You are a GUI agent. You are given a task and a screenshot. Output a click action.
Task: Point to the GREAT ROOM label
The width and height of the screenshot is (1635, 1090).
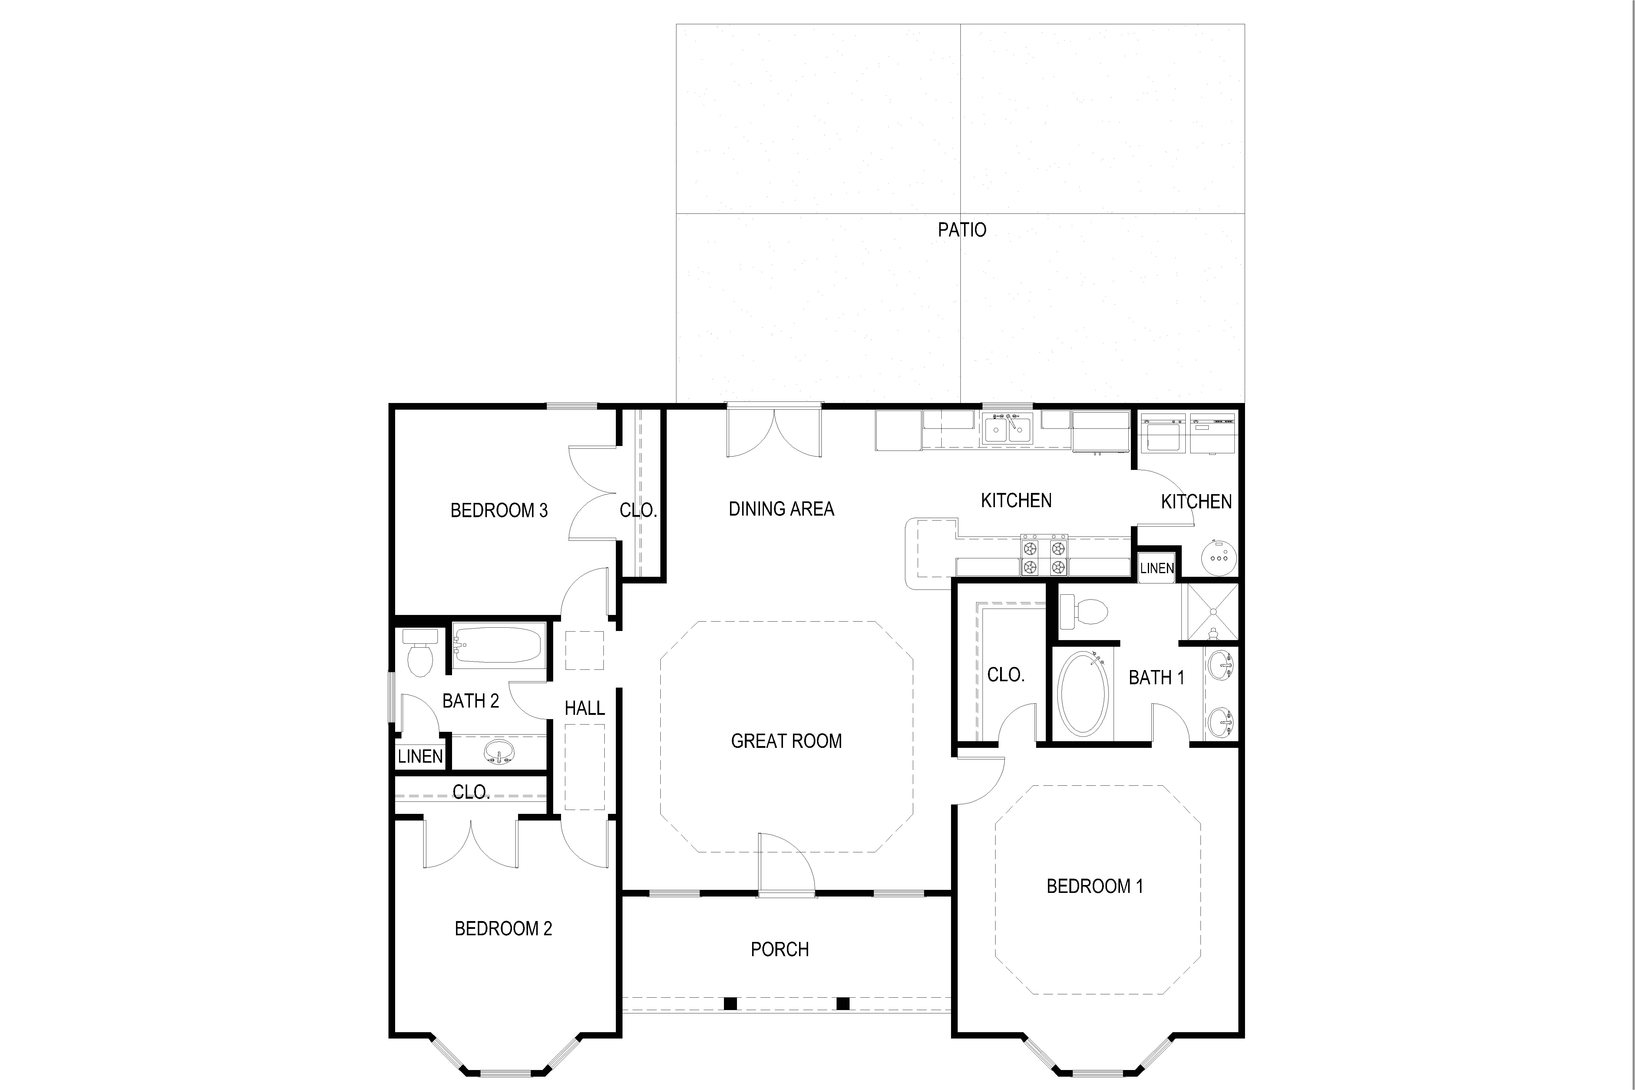point(786,741)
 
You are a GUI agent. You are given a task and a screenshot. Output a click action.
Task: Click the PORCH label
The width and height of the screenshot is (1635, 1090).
point(779,950)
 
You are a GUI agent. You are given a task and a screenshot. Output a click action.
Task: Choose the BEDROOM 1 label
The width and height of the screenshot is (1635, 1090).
point(1094,886)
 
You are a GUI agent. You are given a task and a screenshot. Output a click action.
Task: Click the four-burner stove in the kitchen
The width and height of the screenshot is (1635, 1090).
point(1043,555)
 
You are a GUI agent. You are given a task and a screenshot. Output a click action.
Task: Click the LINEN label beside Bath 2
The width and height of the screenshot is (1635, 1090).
point(420,756)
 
